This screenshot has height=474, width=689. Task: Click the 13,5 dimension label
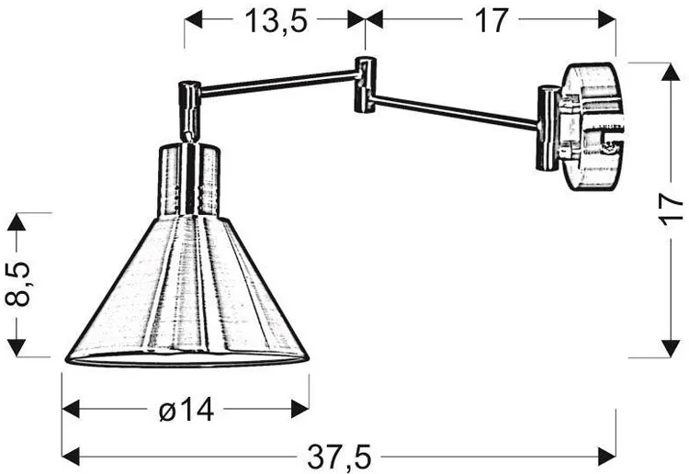tap(276, 20)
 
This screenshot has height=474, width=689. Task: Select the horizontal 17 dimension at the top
tap(491, 20)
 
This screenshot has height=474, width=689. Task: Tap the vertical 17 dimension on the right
tap(671, 209)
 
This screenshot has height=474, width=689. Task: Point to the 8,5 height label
tap(18, 284)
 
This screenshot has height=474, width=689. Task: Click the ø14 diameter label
tap(186, 410)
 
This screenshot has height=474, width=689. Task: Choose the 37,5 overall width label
tap(339, 457)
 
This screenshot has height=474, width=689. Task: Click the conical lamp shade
tap(187, 291)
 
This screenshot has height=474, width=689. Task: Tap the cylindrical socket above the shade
tap(189, 180)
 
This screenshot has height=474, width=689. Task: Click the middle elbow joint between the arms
tap(365, 85)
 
